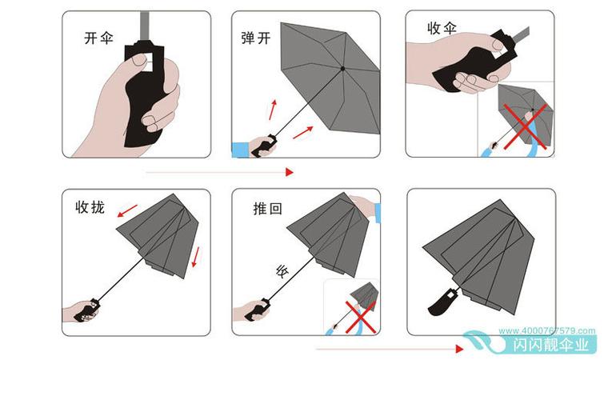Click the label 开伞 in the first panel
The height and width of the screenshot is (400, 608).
click(99, 38)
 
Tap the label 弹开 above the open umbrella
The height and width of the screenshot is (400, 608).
click(256, 38)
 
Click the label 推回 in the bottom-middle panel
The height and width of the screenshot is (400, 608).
click(267, 209)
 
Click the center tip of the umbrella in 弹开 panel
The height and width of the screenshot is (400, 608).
click(342, 69)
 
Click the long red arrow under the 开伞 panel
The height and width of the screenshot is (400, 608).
click(220, 171)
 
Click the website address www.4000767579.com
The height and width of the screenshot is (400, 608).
click(547, 330)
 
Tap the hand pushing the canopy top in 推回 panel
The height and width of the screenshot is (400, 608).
click(364, 207)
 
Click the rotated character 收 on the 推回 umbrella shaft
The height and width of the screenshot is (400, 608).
click(281, 270)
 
